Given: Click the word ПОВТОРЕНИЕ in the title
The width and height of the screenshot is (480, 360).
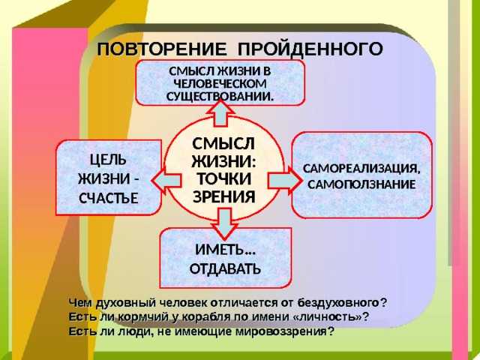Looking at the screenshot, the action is [x=162, y=49].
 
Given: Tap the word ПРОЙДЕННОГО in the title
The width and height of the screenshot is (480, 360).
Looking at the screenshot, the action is [x=310, y=49].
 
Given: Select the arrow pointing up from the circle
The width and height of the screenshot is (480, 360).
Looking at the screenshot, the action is [x=220, y=113].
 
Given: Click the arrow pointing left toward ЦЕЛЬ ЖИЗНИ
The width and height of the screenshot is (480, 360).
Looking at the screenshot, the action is [x=166, y=181].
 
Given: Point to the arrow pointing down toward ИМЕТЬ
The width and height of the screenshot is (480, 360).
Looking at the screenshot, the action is [x=225, y=223].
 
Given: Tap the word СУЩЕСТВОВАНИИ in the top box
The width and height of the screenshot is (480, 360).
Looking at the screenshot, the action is [x=219, y=97].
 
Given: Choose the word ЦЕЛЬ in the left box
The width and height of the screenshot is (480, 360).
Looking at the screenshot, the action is [x=108, y=160].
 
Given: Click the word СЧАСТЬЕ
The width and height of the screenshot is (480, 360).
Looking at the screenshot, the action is [x=109, y=198].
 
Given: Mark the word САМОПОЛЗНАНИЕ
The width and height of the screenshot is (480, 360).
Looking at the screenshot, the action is [x=361, y=184].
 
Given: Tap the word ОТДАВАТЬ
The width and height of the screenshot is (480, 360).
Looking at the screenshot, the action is [x=225, y=268].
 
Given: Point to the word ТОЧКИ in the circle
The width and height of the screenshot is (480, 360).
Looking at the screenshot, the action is [x=224, y=179].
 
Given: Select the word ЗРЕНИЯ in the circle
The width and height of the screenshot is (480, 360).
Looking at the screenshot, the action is [x=224, y=196].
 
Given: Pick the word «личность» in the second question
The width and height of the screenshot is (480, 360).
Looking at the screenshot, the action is [x=327, y=316].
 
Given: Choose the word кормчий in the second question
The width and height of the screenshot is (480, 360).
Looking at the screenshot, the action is [x=143, y=317].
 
